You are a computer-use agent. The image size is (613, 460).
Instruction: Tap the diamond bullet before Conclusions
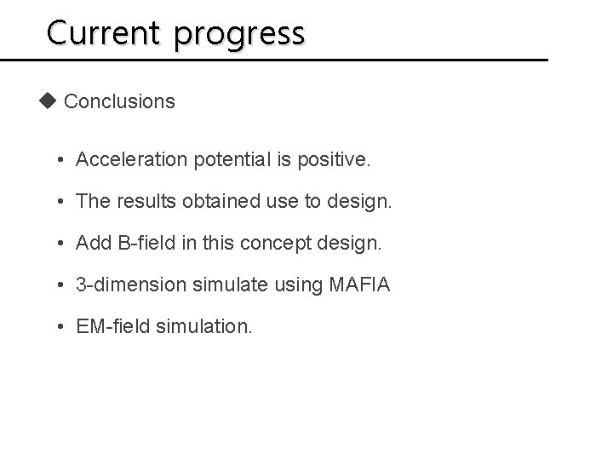tap(48, 101)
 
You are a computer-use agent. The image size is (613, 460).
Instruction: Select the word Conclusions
tap(119, 102)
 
